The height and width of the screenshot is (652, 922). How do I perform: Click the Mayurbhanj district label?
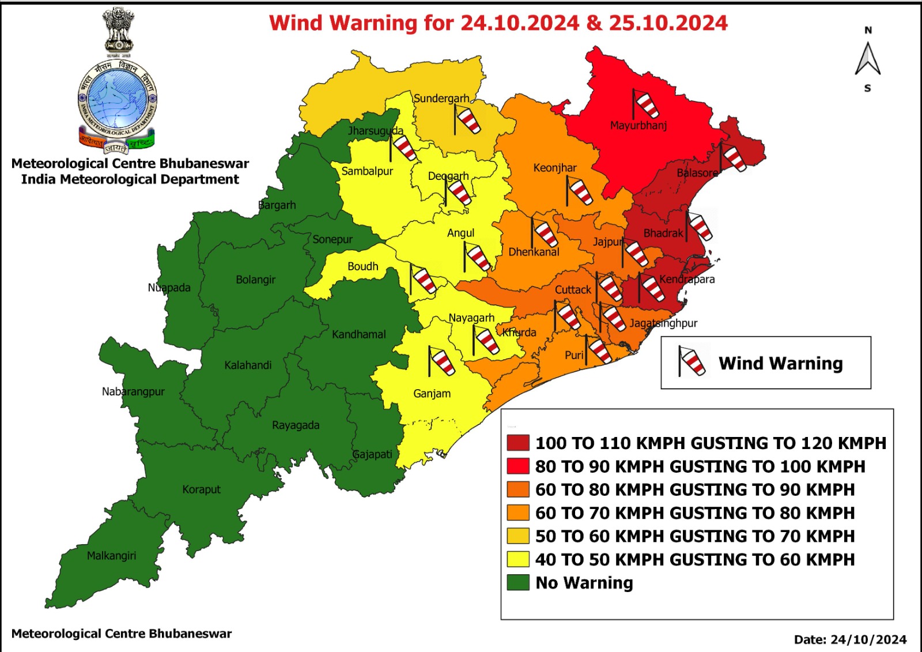(638, 125)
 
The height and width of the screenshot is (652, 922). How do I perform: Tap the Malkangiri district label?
(111, 556)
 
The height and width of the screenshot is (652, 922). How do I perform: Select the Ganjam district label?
(432, 394)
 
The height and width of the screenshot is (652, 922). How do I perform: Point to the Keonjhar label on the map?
(555, 168)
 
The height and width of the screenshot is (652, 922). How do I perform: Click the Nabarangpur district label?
(133, 391)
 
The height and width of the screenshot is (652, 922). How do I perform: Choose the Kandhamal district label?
(358, 334)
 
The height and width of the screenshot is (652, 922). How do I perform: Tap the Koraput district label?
(201, 489)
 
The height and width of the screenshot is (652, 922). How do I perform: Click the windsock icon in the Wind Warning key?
(691, 361)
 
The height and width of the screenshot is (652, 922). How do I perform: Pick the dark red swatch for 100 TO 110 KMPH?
(517, 443)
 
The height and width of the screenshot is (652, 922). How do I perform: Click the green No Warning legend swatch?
(517, 582)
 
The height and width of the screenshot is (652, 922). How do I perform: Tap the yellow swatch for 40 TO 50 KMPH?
(517, 559)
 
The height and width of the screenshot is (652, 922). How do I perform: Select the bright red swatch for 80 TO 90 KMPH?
(517, 466)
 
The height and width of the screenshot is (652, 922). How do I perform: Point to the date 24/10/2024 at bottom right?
(869, 639)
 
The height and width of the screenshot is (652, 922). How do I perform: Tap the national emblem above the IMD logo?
(119, 30)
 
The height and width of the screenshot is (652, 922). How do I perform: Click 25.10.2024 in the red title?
(668, 23)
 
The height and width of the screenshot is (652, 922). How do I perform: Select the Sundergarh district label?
(441, 99)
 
